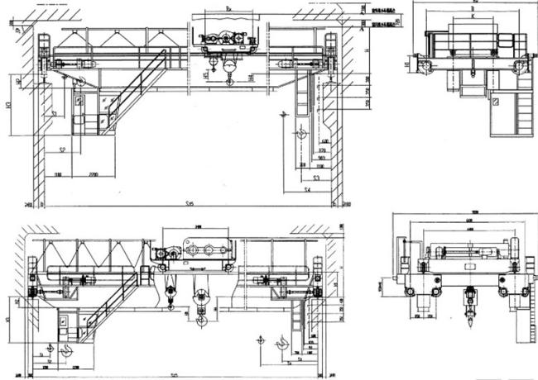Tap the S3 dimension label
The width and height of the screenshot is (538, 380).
pyautogui.click(x=316, y=177)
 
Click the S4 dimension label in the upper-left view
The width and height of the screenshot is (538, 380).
pyautogui.click(x=306, y=190)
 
